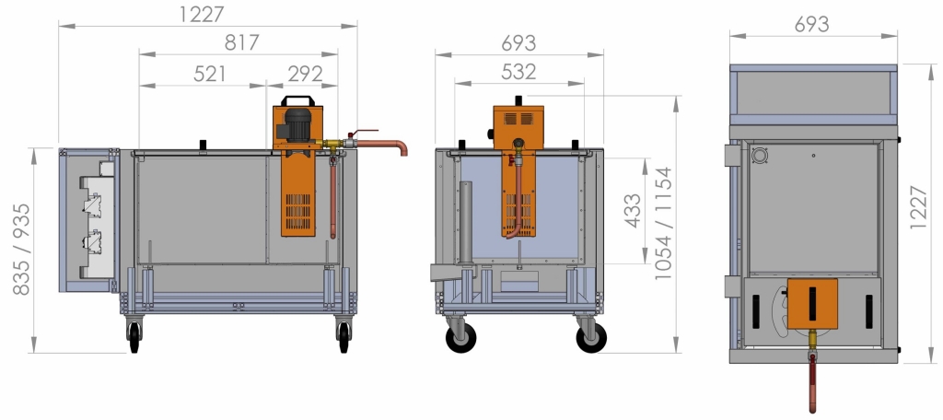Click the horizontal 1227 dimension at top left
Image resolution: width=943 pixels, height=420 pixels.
coord(202,14)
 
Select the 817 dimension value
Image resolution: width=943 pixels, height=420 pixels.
coord(242,42)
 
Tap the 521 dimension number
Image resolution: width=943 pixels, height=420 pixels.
coord(210,74)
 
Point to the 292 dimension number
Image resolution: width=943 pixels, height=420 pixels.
coord(305,74)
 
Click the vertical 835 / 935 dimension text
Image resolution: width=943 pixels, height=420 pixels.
coord(21,249)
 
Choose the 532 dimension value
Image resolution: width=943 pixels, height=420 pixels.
coord(518,72)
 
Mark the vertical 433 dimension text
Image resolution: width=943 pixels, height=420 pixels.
coord(633,211)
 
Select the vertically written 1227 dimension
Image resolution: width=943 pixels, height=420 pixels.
coord(918,207)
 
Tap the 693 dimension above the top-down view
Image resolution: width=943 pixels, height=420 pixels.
coord(811,24)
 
